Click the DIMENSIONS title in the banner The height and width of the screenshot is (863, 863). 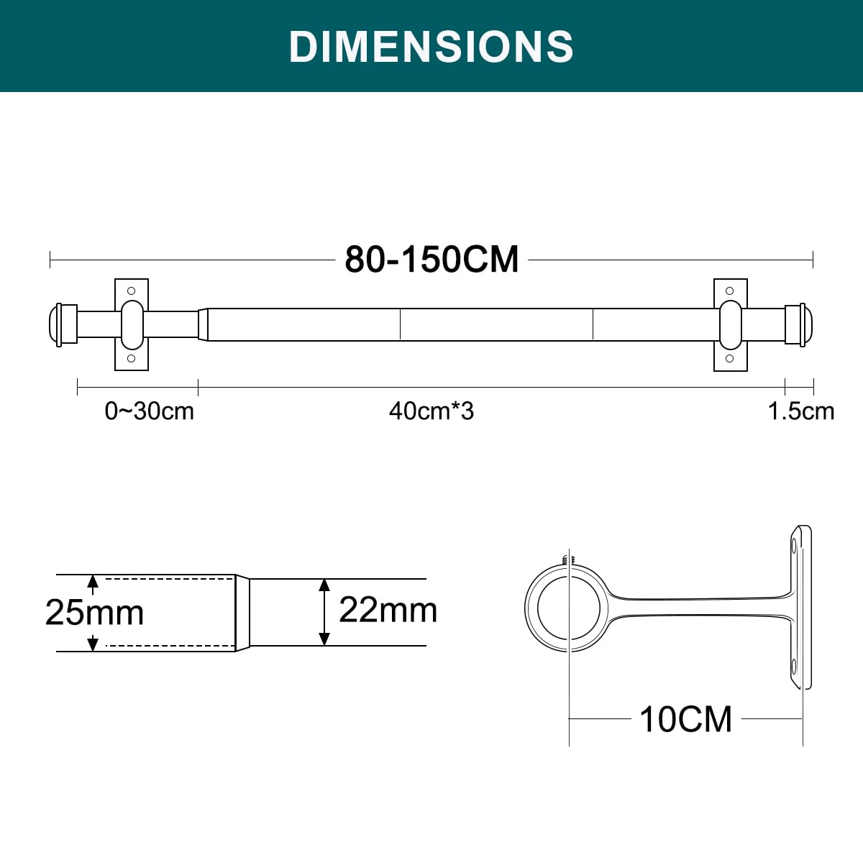(x=431, y=46)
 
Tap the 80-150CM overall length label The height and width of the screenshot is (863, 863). (x=431, y=260)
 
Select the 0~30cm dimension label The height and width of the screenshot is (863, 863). (x=149, y=411)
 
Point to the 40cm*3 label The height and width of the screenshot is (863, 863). (x=431, y=411)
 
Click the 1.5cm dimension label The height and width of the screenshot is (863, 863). (x=801, y=411)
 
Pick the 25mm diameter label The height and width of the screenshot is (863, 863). (x=94, y=612)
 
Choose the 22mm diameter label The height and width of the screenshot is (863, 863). (x=388, y=610)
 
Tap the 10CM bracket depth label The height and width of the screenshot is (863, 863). (x=685, y=719)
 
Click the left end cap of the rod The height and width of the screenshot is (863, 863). (x=63, y=324)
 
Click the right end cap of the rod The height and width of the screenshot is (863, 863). (x=799, y=324)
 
